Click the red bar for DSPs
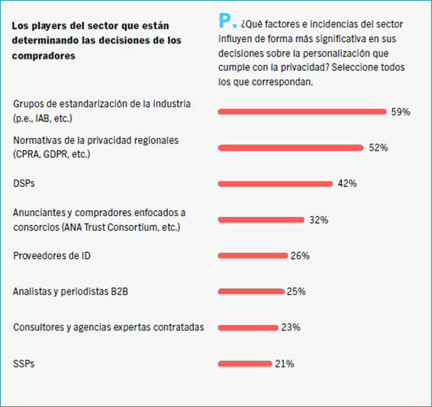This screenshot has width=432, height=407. (x=276, y=184)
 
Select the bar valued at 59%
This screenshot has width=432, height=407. (x=302, y=111)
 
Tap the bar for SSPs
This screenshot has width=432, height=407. (x=245, y=363)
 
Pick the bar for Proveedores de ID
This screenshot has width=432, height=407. (x=253, y=256)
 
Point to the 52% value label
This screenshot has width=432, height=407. (x=379, y=147)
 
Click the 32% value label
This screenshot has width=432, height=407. (x=319, y=220)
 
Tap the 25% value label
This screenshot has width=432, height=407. (x=296, y=292)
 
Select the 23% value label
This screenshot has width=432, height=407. (x=291, y=328)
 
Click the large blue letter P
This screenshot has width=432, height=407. (x=224, y=20)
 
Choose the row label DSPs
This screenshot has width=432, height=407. (x=24, y=183)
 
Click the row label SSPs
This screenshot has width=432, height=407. (x=24, y=363)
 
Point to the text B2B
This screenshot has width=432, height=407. (x=119, y=292)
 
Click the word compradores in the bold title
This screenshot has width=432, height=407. (x=44, y=56)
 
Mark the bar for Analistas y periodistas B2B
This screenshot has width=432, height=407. (x=251, y=292)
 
